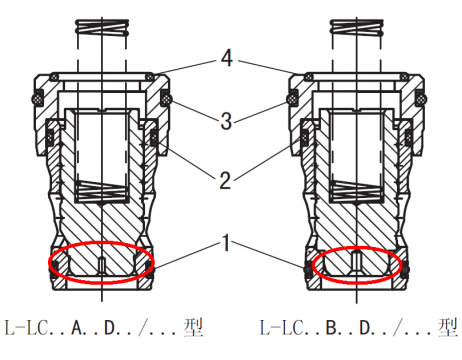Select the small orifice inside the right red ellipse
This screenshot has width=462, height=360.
pos(357,263)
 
